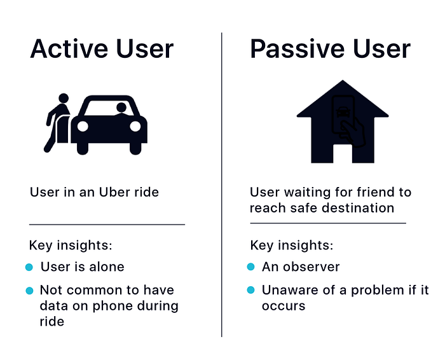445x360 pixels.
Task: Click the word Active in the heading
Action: tap(69, 49)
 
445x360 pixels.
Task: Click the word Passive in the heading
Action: tap(297, 49)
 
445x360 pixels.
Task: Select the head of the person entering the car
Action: tap(64, 98)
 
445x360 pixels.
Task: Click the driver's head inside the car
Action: tap(121, 107)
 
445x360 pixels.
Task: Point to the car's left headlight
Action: tap(83, 127)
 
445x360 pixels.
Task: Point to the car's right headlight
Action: tap(135, 127)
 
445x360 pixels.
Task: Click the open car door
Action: tap(63, 129)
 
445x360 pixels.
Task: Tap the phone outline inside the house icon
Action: tap(343, 115)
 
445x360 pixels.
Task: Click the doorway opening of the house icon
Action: tap(343, 153)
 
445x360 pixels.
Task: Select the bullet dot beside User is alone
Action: tap(29, 267)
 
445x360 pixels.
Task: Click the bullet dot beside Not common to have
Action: tap(29, 291)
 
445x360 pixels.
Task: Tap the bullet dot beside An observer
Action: tap(251, 267)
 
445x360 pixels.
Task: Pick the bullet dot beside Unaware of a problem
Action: tap(251, 290)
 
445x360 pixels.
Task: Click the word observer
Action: tap(311, 267)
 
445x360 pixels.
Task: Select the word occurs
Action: tap(284, 306)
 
